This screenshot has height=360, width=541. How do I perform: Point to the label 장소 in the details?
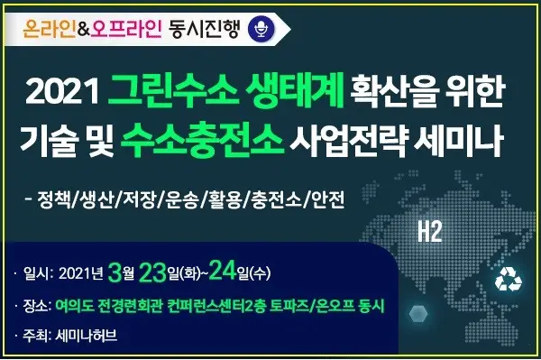point(39,307)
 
